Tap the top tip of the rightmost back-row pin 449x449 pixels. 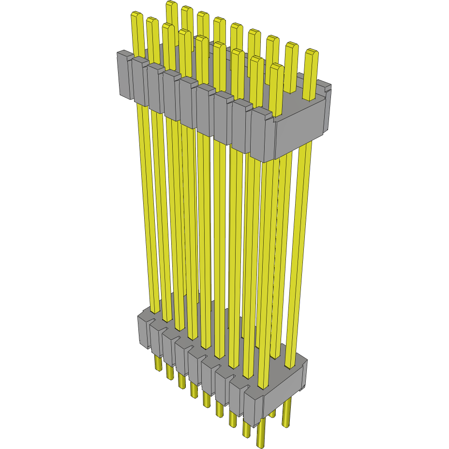pyautogui.click(x=311, y=52)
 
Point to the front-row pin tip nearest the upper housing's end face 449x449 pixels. pyautogui.click(x=276, y=67)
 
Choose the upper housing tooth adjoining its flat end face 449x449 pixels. pyautogui.click(x=262, y=135)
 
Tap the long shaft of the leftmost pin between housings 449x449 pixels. pyautogui.click(x=148, y=208)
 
